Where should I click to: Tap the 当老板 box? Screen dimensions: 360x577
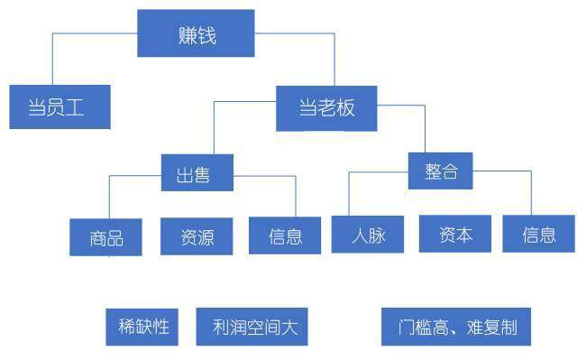pyautogui.click(x=326, y=108)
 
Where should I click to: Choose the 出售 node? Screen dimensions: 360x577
pyautogui.click(x=197, y=172)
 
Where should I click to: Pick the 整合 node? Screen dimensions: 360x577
pyautogui.click(x=440, y=170)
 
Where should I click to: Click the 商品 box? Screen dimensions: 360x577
pyautogui.click(x=105, y=237)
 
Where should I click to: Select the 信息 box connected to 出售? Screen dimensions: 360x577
pyautogui.click(x=284, y=236)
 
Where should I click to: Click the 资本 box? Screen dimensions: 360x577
pyautogui.click(x=454, y=234)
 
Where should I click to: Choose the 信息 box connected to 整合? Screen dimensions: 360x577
pyautogui.click(x=538, y=234)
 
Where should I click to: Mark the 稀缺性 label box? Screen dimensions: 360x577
pyautogui.click(x=143, y=326)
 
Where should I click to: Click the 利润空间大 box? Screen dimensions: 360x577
pyautogui.click(x=252, y=327)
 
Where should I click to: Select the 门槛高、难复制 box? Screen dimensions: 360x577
pyautogui.click(x=456, y=327)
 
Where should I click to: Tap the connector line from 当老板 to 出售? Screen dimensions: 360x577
pyautogui.click(x=214, y=126)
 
